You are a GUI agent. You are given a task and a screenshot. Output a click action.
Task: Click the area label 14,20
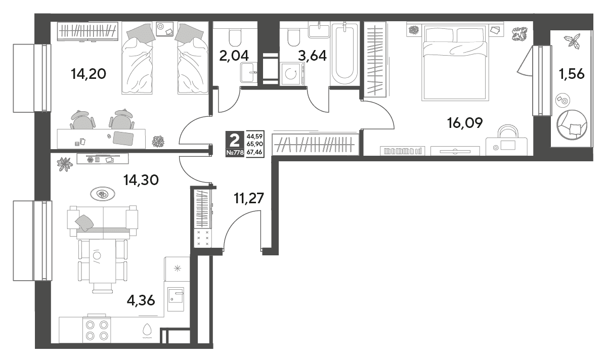tap(89, 73)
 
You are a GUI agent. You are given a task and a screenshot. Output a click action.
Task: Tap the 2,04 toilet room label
tap(234, 56)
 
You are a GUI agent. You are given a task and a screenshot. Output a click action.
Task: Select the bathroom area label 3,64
tap(313, 56)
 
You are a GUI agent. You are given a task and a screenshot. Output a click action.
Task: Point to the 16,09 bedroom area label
tap(465, 123)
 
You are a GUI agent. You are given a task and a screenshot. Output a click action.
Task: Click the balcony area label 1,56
tap(572, 74)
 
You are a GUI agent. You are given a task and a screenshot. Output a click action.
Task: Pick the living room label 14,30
tap(141, 180)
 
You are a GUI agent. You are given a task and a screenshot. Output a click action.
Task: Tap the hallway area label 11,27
tap(249, 198)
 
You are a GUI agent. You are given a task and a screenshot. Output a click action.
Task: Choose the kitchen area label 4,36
tap(141, 300)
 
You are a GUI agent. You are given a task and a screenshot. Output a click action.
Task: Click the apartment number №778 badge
tap(235, 152)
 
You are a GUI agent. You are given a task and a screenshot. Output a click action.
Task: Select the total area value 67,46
tap(254, 152)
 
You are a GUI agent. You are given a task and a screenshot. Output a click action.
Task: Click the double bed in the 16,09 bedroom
tap(455, 62)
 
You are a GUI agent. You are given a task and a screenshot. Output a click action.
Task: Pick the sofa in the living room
tap(103, 221)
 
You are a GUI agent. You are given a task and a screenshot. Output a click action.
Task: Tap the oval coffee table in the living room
tap(103, 194)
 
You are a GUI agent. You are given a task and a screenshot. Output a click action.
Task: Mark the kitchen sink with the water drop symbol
tap(147, 330)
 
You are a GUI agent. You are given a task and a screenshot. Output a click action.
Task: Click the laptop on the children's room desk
tap(123, 138)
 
